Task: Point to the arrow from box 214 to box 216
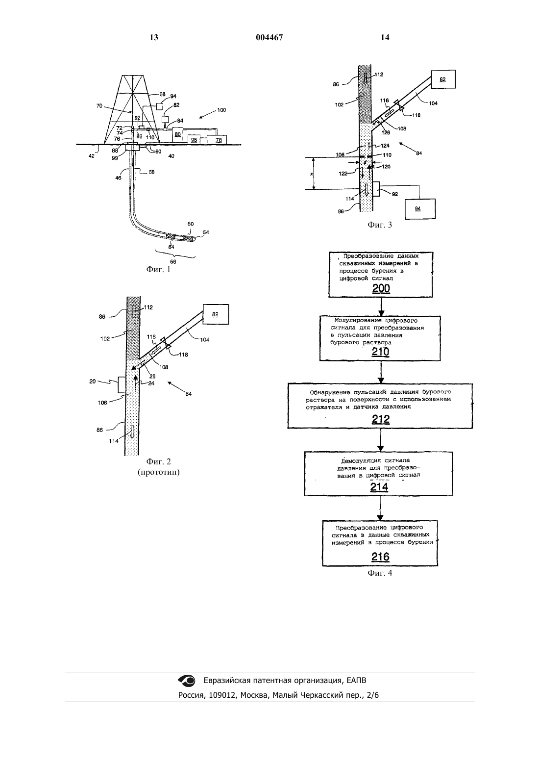(x=380, y=508)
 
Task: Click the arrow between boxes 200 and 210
(x=381, y=306)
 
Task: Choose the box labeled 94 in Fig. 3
(x=420, y=208)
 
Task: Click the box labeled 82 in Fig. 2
(x=216, y=314)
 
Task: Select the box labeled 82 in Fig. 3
(x=443, y=79)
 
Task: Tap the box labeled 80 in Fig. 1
(x=177, y=135)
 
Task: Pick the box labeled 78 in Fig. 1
(x=217, y=139)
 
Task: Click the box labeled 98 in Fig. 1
(x=194, y=139)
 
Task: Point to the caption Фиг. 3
(x=380, y=225)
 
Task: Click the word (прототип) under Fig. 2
(x=159, y=472)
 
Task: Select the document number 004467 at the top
(x=269, y=37)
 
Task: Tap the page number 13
(x=154, y=37)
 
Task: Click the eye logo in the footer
(x=187, y=681)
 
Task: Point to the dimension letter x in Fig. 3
(x=311, y=174)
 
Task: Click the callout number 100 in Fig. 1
(x=221, y=110)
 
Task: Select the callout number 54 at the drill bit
(x=206, y=232)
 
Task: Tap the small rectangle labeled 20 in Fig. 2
(x=122, y=385)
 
